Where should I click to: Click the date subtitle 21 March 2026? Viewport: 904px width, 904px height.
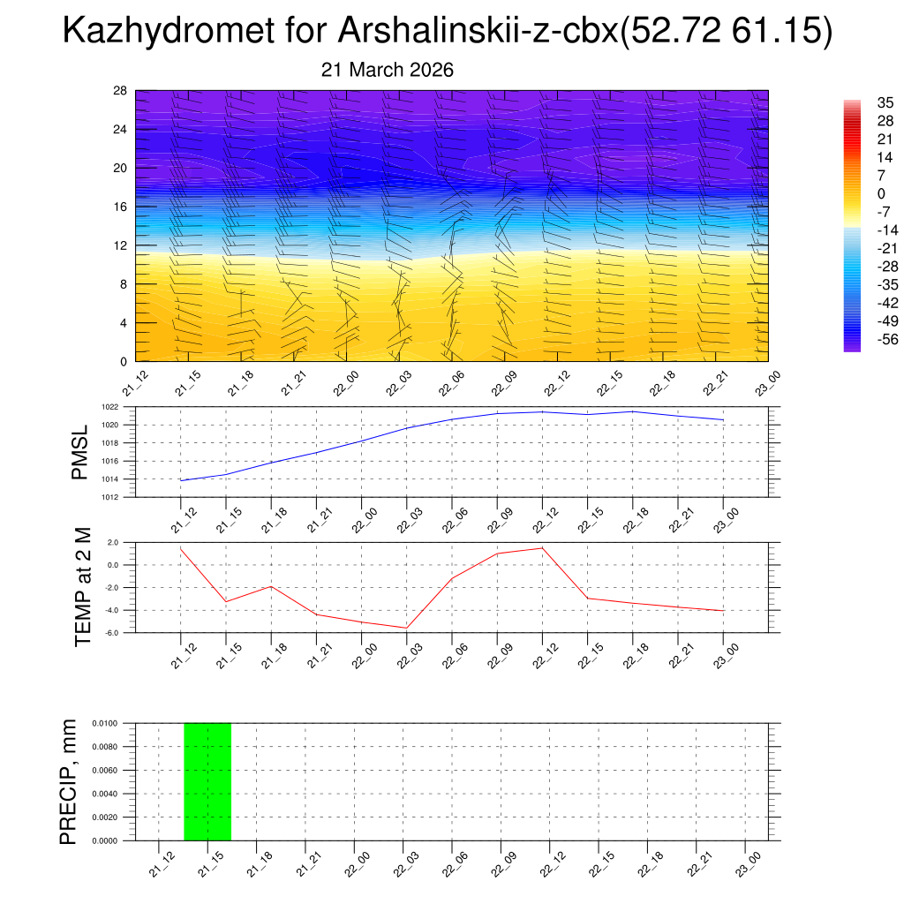(388, 70)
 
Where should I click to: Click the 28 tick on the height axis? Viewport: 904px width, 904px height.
(120, 91)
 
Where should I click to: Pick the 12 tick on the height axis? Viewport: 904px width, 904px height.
(120, 245)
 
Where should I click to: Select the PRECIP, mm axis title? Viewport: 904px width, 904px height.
(69, 781)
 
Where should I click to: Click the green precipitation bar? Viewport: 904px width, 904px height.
(207, 781)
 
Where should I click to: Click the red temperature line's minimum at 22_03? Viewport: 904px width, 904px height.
(406, 628)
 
